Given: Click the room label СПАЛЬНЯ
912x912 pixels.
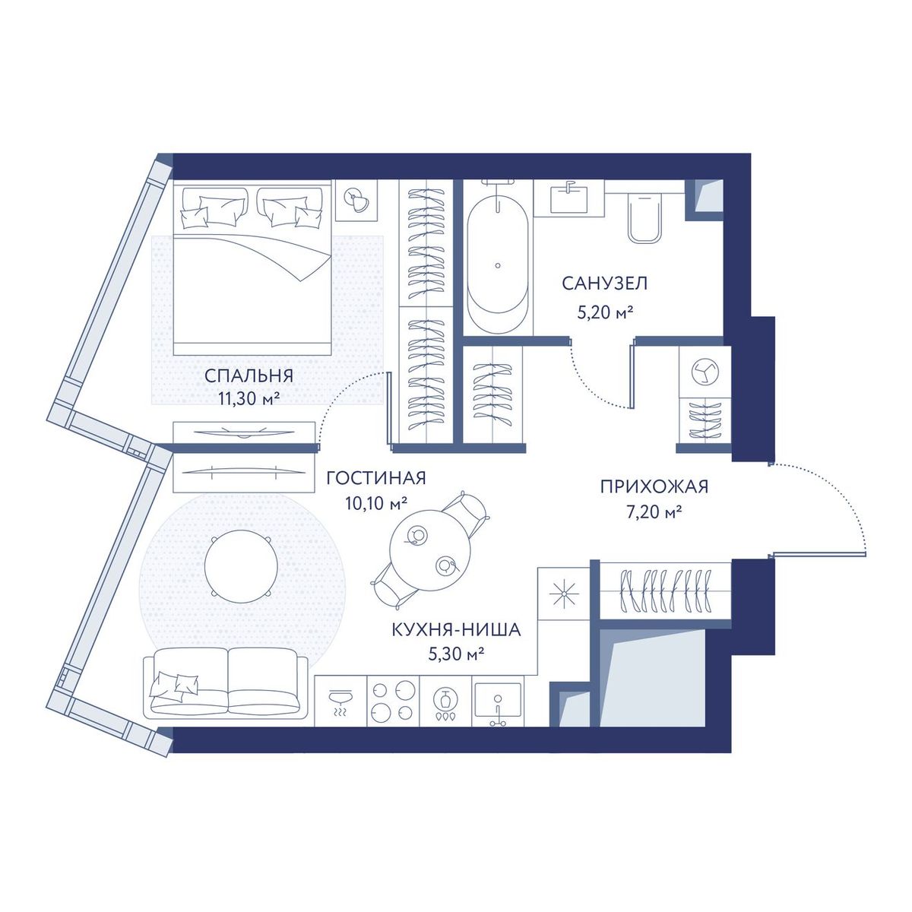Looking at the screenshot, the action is [249, 375].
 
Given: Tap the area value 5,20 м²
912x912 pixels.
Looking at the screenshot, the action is [605, 313].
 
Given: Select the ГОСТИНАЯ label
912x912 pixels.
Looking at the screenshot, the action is [376, 478].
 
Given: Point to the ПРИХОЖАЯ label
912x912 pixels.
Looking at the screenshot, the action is [654, 486].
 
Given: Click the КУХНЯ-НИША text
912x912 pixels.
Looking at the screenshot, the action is [456, 630].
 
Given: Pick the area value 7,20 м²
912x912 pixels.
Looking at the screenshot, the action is [653, 511].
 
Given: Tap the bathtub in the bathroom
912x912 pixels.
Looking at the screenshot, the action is [497, 260].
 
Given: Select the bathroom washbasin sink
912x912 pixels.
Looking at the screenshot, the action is [569, 199].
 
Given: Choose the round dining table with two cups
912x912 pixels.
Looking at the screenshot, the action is [430, 549].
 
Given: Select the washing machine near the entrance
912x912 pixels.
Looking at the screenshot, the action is [705, 372].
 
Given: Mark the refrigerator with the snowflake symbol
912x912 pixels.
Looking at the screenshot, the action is [565, 594].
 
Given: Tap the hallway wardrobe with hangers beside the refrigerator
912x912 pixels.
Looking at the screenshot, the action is [666, 590].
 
